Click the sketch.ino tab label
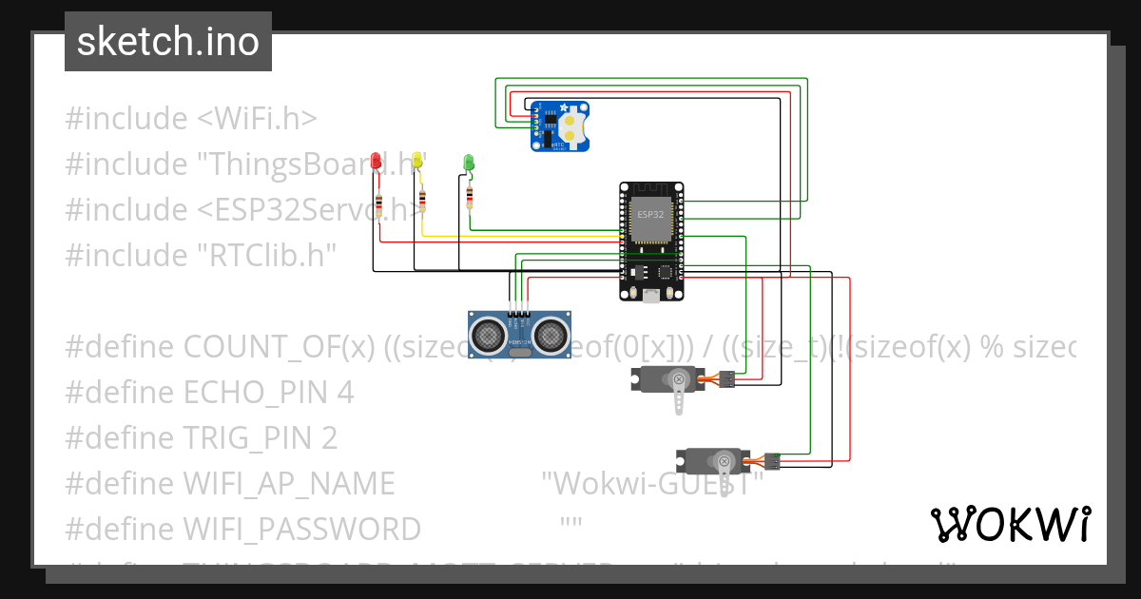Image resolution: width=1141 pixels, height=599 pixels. [167, 42]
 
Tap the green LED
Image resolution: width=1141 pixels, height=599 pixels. [468, 163]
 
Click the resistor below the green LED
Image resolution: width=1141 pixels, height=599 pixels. [470, 197]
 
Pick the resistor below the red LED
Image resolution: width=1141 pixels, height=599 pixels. [379, 204]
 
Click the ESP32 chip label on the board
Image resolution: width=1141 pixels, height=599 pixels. [650, 215]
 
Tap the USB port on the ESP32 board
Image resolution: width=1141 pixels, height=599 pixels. [650, 297]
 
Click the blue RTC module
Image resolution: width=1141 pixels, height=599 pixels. [559, 126]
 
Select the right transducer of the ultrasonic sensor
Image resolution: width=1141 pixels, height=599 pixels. [550, 334]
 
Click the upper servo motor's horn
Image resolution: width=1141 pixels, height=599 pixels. [679, 392]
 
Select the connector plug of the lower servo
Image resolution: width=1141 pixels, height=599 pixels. [772, 461]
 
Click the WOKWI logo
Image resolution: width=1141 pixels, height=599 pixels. [1010, 524]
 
